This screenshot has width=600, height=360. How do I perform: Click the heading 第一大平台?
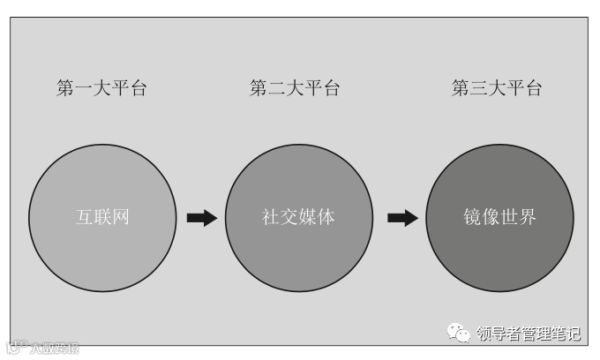[x=101, y=88]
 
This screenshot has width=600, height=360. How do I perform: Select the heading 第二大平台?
[x=295, y=88]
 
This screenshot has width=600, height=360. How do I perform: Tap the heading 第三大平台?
[x=497, y=88]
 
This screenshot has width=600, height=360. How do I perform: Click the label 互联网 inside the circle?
[x=102, y=217]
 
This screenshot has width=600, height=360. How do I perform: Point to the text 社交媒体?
[x=298, y=217]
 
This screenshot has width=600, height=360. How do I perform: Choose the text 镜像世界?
[x=500, y=217]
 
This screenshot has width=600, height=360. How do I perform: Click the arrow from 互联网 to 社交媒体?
[x=202, y=218]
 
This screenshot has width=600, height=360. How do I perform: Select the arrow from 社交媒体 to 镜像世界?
[x=402, y=218]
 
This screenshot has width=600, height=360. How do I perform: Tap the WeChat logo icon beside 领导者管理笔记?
[x=459, y=333]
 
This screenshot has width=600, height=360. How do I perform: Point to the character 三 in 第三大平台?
[x=479, y=88]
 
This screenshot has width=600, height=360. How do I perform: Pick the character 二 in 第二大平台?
[x=277, y=88]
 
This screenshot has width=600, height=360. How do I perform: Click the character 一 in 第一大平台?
[x=84, y=88]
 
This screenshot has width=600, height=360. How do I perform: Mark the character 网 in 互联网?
[x=121, y=217]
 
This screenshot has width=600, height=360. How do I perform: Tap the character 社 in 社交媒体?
[x=271, y=217]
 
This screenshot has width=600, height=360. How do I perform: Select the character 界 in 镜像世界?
[x=528, y=217]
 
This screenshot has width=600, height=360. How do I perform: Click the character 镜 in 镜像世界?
[x=473, y=217]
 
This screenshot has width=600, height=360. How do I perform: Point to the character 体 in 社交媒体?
[x=326, y=217]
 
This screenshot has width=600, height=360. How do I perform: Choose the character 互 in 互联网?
[x=84, y=217]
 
